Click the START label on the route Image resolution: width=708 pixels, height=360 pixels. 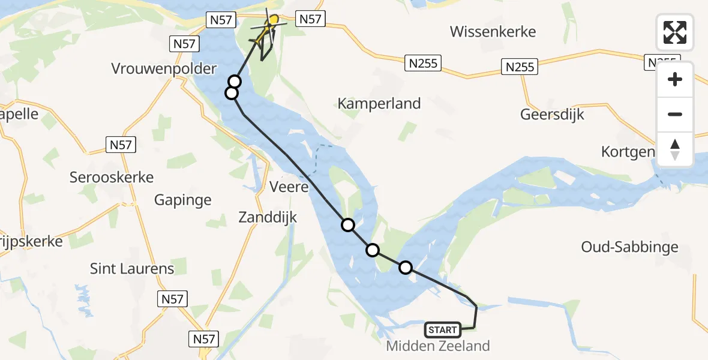pyautogui.click(x=443, y=329)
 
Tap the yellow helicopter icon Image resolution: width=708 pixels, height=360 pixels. pyautogui.click(x=268, y=28)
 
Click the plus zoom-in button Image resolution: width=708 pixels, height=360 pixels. pyautogui.click(x=675, y=79)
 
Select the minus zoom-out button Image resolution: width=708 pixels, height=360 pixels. pyautogui.click(x=675, y=114)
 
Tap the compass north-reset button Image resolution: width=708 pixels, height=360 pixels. pyautogui.click(x=675, y=149)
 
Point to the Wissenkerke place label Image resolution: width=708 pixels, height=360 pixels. pyautogui.click(x=493, y=32)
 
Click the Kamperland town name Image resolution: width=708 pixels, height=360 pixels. pyautogui.click(x=379, y=103)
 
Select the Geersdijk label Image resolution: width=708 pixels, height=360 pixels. pyautogui.click(x=552, y=114)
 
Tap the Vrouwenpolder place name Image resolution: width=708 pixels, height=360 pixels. pyautogui.click(x=164, y=68)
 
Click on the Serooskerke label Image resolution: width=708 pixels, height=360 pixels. pyautogui.click(x=112, y=177)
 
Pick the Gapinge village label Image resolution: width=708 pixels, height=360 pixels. pyautogui.click(x=183, y=200)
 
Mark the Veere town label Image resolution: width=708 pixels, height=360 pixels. pyautogui.click(x=289, y=187)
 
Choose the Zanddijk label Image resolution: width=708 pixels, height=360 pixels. pyautogui.click(x=268, y=217)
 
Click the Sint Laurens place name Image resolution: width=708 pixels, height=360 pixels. pyautogui.click(x=132, y=268)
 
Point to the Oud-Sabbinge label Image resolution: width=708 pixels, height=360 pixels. pyautogui.click(x=629, y=247)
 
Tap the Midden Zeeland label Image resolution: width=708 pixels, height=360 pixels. pyautogui.click(x=438, y=346)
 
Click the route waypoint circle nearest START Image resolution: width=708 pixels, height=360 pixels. pyautogui.click(x=406, y=268)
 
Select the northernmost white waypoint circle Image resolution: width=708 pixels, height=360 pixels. pyautogui.click(x=235, y=82)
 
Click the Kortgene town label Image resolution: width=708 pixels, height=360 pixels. pyautogui.click(x=628, y=152)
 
